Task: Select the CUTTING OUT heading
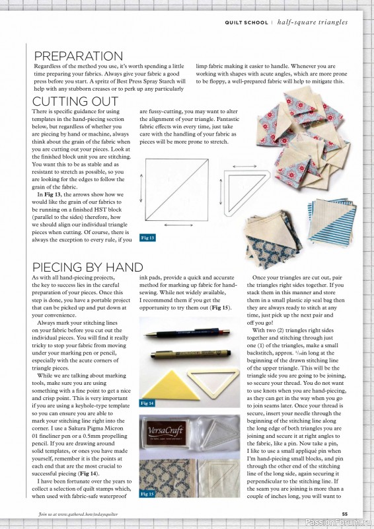pos(73,102)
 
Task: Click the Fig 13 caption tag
pos(148,237)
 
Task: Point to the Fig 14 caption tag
pos(148,402)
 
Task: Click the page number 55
pos(344,514)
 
